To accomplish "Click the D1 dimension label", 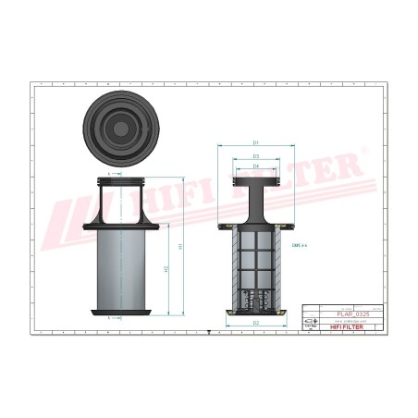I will [255, 143].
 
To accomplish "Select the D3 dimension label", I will [255, 156].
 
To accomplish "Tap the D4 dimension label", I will [255, 166].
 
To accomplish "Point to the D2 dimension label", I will [255, 322].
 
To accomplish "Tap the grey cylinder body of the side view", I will [123, 268].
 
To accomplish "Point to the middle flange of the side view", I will [123, 226].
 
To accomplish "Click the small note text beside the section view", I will [299, 244].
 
